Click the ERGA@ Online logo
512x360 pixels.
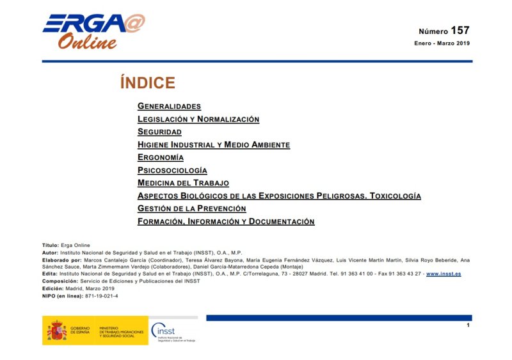coord(93,31)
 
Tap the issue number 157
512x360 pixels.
coord(460,30)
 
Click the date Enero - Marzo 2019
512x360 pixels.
coord(442,43)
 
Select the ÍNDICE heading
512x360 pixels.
coord(147,83)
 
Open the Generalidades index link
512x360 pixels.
coord(169,106)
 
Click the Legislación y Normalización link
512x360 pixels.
coord(198,119)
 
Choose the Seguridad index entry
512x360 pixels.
coord(159,132)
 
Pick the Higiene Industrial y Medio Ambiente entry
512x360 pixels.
coord(214,145)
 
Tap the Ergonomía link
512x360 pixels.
coord(161,157)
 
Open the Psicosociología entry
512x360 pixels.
coord(172,170)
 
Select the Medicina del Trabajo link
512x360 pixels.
coord(183,183)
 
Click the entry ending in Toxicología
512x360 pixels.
coord(279,196)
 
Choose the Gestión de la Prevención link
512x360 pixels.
coord(192,208)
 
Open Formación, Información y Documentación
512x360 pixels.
coord(226,221)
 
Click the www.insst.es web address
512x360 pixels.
coord(444,274)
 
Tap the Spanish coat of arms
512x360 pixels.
coord(56,331)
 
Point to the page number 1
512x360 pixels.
coord(468,325)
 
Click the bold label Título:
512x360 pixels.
coord(50,246)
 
